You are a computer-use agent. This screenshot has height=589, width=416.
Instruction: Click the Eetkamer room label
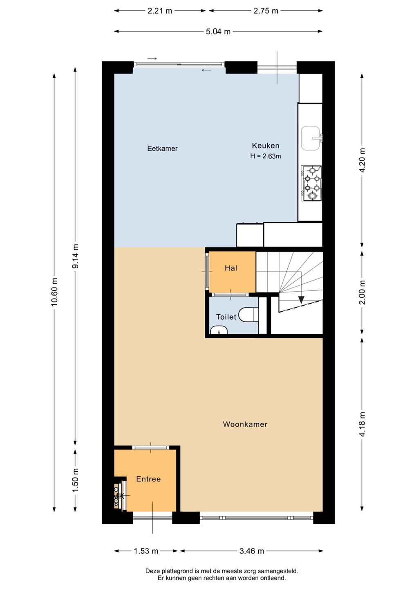click(162, 148)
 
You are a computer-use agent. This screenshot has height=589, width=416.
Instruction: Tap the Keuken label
click(266, 146)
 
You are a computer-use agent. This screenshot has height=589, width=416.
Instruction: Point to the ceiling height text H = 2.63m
click(266, 156)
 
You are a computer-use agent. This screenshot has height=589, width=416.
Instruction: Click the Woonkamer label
click(245, 424)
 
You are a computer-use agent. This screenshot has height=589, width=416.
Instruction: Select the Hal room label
click(231, 268)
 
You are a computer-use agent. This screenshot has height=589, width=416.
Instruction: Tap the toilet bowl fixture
click(248, 315)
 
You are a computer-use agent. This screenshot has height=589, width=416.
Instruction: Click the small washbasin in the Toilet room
click(219, 330)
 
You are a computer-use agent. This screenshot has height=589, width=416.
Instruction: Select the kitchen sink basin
click(311, 138)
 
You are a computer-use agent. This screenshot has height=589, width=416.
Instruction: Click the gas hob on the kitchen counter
click(311, 183)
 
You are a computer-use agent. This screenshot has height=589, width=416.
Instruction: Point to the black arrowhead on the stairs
click(301, 299)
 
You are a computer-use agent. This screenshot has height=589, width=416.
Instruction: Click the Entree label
click(148, 479)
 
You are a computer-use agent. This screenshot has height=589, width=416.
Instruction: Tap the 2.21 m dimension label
click(160, 11)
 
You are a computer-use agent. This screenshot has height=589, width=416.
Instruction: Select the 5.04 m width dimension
click(218, 31)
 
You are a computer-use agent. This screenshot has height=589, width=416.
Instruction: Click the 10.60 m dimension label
click(54, 292)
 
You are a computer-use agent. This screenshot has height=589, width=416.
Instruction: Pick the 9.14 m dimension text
click(75, 256)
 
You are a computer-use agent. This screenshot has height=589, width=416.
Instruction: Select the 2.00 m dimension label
click(362, 292)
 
